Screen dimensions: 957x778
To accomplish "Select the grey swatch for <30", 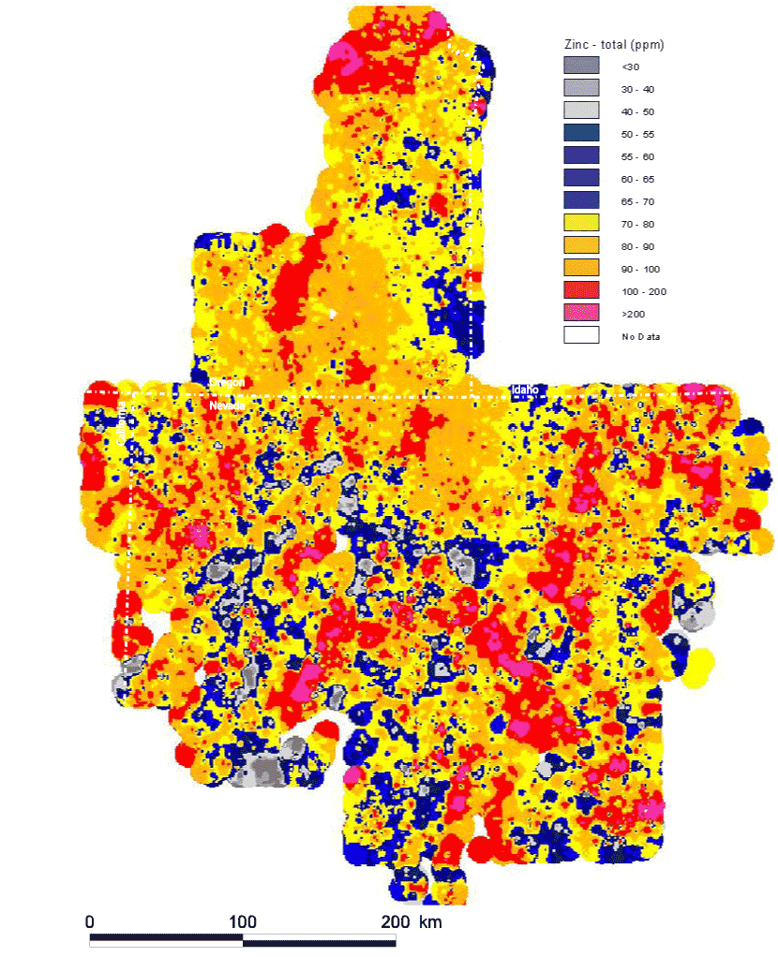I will point(581,66).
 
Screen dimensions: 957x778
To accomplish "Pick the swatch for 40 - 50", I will point(581,110).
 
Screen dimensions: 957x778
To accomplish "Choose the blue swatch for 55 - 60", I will point(581,155).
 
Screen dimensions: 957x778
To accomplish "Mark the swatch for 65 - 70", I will point(581,200).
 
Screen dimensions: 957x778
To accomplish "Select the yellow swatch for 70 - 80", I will point(581,223).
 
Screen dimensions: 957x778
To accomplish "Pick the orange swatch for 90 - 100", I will point(581,268).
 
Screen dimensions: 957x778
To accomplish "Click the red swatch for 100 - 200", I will point(581,290).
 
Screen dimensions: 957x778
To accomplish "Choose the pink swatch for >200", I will point(581,313).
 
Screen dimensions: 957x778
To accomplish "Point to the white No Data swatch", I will point(581,335).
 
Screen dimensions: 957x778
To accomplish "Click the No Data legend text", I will point(641,336).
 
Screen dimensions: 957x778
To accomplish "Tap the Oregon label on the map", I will point(227,383).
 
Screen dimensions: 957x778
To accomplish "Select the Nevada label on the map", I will point(227,405).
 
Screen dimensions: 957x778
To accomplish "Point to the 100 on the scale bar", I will point(243,922).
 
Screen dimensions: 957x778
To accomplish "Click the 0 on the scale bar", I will point(90,922).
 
